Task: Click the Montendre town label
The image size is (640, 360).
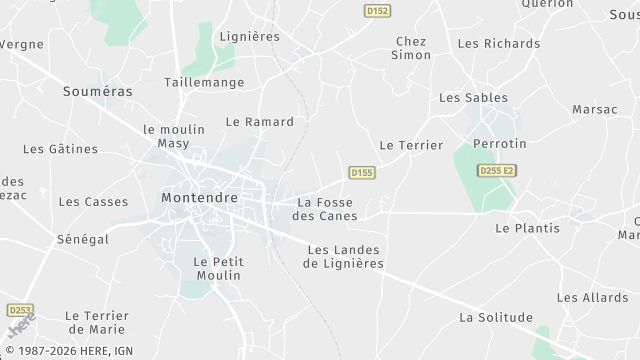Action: click(x=199, y=198)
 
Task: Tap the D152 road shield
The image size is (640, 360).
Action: click(x=375, y=10)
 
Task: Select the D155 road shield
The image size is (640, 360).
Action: click(x=362, y=173)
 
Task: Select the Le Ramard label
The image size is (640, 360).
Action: click(x=260, y=122)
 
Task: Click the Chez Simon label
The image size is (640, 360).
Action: click(x=411, y=48)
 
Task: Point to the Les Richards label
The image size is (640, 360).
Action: click(x=498, y=44)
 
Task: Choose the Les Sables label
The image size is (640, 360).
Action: click(x=473, y=98)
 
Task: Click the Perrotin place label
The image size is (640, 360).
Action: click(x=499, y=144)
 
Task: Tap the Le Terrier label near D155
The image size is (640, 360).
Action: click(x=411, y=145)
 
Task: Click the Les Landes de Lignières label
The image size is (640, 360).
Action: click(x=345, y=257)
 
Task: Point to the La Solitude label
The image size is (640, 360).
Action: click(x=495, y=318)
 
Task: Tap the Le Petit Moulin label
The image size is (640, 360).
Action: click(x=217, y=268)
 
